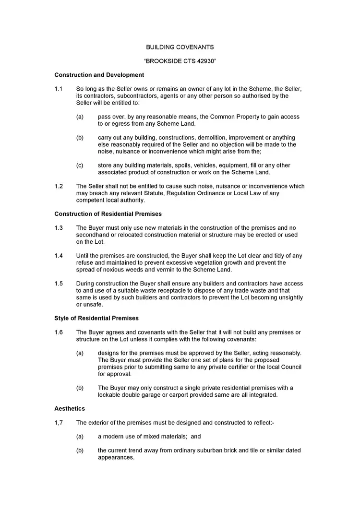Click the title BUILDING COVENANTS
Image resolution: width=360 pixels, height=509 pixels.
[180, 47]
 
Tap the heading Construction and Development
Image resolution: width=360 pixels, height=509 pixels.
[99, 75]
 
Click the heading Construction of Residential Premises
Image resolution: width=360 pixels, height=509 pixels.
[108, 214]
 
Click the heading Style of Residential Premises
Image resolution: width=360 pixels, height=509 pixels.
[96, 318]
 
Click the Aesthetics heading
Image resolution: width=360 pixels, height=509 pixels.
[70, 409]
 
